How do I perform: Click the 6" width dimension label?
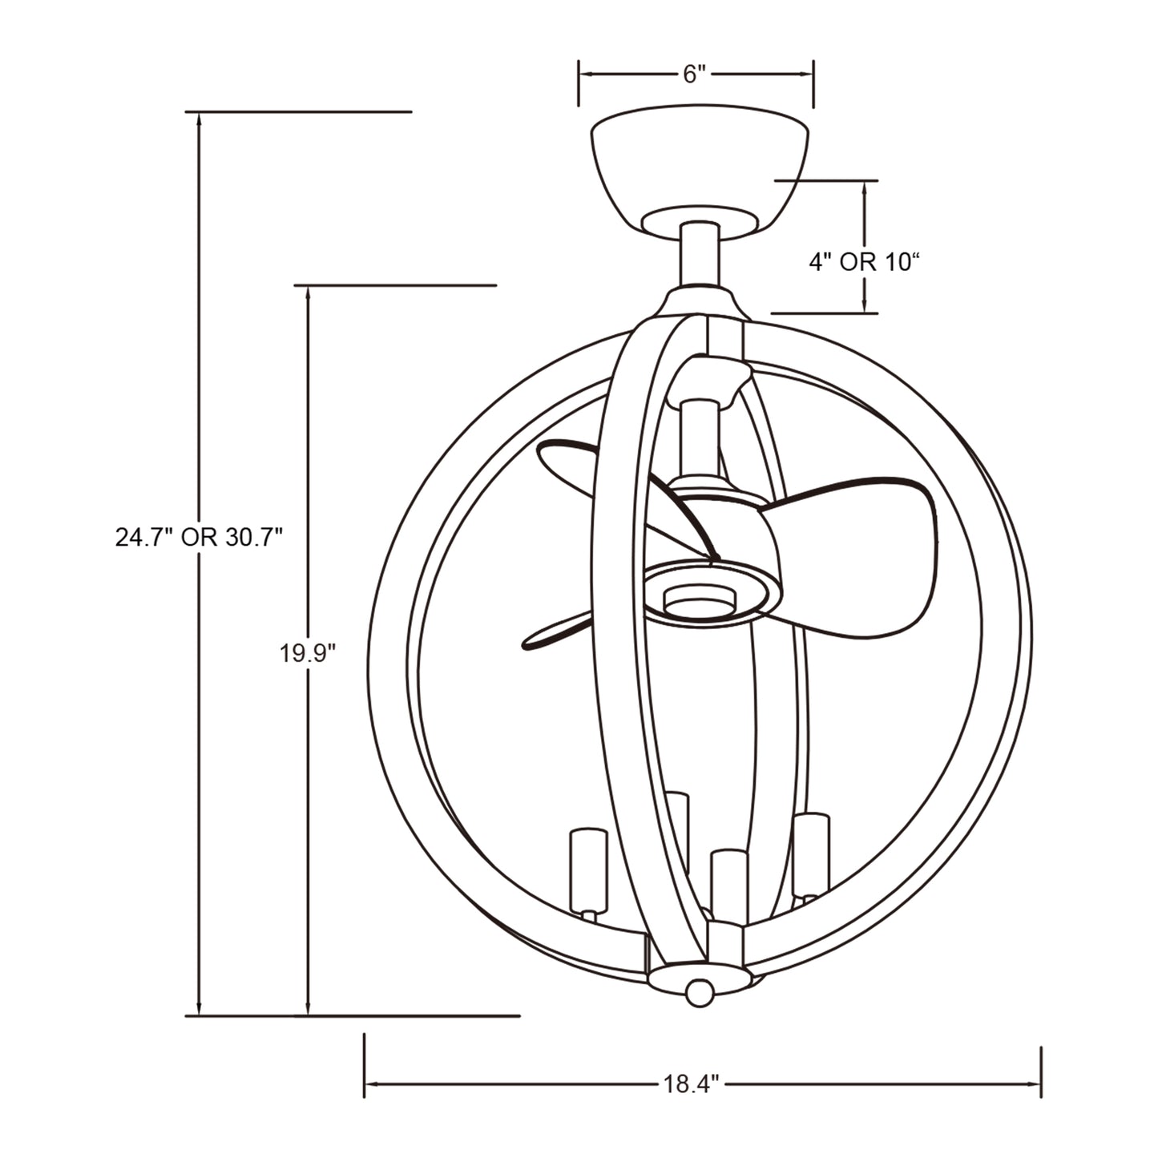[694, 75]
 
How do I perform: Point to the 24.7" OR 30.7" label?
[200, 537]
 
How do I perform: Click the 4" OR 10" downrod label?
[864, 262]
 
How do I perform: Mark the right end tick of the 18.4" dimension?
[1040, 1071]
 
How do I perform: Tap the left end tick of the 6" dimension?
[579, 83]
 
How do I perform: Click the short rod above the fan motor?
[698, 437]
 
